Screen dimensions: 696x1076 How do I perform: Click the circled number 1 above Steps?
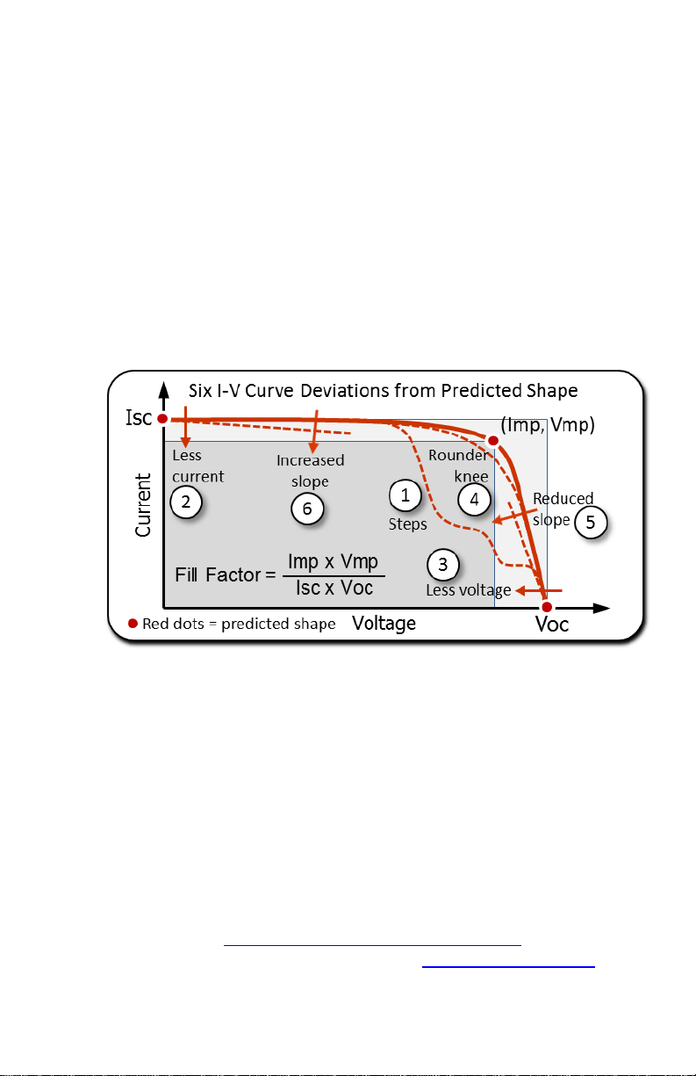pos(405,495)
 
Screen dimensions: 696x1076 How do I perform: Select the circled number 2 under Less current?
pos(186,502)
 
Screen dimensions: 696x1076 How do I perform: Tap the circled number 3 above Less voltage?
pos(442,565)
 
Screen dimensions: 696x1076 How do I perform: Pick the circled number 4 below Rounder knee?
pos(474,500)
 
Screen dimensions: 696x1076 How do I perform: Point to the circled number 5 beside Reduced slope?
pos(591,522)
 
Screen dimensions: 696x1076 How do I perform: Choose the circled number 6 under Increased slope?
pos(307,509)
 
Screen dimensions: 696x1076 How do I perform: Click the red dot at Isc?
pos(162,419)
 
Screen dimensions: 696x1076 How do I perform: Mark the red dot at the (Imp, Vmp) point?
pos(493,440)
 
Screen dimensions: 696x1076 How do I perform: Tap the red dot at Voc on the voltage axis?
pos(546,607)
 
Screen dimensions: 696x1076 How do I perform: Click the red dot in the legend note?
pos(133,624)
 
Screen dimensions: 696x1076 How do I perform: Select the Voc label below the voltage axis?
pos(552,625)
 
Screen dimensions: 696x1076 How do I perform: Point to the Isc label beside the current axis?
pos(139,417)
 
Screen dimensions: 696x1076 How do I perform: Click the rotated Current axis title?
pos(143,505)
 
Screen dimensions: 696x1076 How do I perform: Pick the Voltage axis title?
pos(384,624)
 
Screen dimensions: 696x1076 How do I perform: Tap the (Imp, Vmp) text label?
pos(548,425)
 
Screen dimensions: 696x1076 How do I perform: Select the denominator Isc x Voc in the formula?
pos(334,588)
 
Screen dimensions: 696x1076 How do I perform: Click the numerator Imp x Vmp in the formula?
pos(334,561)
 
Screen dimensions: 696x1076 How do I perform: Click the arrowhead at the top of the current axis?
pos(164,389)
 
